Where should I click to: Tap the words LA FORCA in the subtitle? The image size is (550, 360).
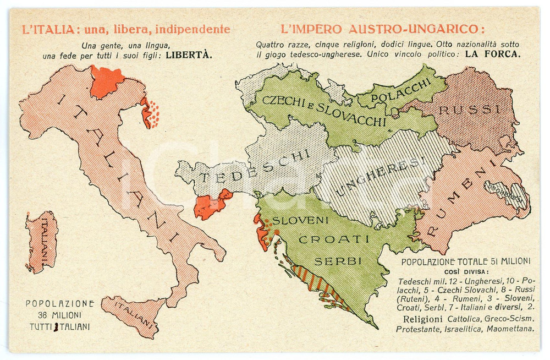click(x=493, y=54)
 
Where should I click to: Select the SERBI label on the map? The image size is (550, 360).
click(x=338, y=260)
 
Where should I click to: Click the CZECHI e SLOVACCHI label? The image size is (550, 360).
click(x=324, y=110)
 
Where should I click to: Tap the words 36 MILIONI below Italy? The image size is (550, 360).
click(x=59, y=315)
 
